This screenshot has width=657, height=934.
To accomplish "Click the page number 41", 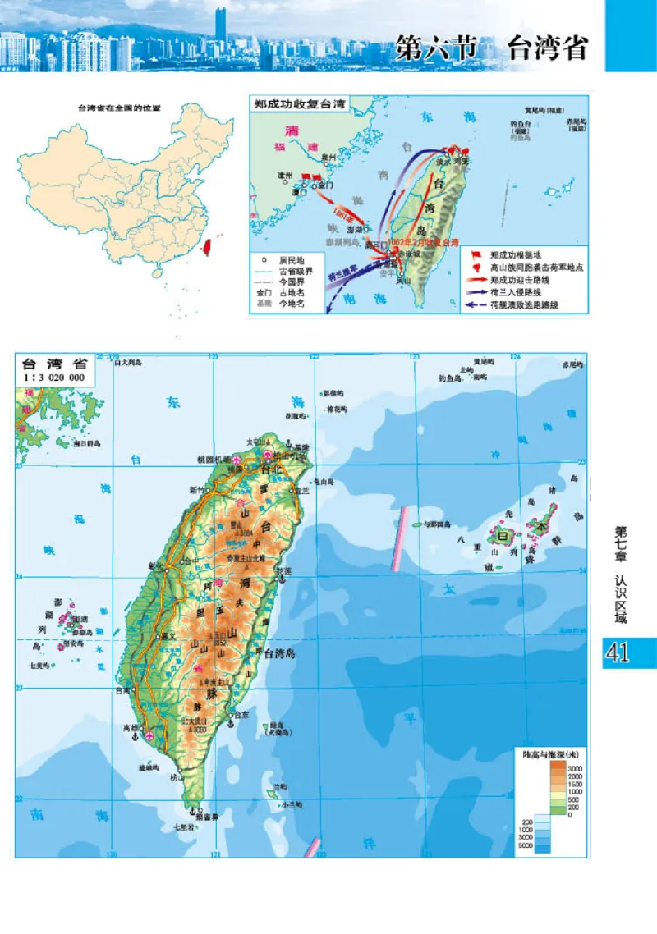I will pos(617,652).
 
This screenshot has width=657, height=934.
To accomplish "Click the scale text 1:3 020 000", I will pos(55,377).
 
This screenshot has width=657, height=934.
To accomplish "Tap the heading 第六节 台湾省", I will pos(491,48).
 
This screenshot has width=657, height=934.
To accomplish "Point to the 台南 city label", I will pos(123,690).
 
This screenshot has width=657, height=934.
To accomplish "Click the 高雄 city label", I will pos(129,727).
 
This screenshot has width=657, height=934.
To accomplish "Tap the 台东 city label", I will pos(241,715).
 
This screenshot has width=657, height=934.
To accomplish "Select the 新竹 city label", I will pos(198,489).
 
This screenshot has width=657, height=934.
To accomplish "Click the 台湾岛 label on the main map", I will pos(283,652).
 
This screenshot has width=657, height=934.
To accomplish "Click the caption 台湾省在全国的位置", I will pos(118,108).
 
